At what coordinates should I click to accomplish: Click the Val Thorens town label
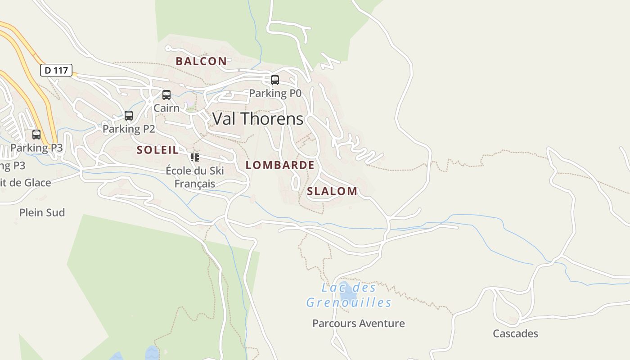point(258,119)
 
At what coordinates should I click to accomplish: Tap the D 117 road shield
point(56,70)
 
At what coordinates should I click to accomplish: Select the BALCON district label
point(201,61)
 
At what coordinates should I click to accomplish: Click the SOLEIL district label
point(157,150)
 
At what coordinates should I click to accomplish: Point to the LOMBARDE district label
point(280,165)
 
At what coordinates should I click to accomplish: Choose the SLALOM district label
point(332,191)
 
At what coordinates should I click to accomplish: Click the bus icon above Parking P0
point(274,80)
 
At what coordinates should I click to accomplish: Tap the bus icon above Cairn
point(166,95)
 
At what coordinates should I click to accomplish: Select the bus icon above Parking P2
point(129,116)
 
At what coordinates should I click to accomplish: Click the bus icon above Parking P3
point(36,135)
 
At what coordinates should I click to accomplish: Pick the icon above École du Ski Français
point(194,157)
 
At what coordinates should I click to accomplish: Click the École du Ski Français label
point(195,177)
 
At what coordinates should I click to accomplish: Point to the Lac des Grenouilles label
point(349,295)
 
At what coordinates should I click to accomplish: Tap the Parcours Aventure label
point(359,324)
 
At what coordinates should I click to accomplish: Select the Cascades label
point(515,333)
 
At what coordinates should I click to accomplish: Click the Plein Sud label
point(42,212)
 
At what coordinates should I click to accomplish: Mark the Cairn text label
point(166,108)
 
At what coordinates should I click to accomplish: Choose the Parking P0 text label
point(275,93)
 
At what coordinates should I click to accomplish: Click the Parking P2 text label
point(129,129)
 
